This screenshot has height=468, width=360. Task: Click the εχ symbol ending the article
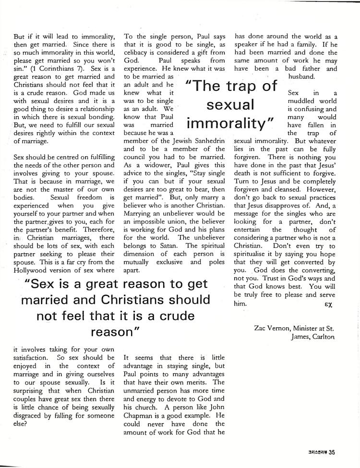pyautogui.click(x=328, y=304)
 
